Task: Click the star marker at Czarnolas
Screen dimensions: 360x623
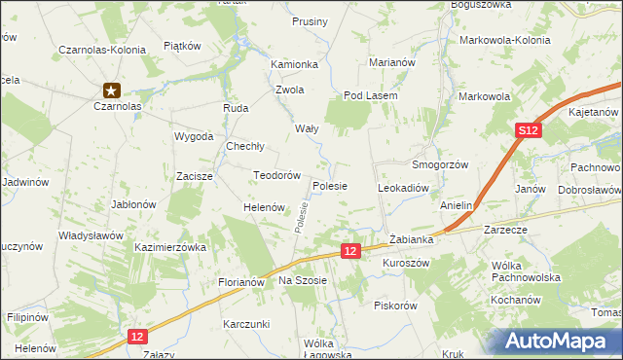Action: (x=113, y=89)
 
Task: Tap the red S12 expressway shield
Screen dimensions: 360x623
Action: (x=528, y=130)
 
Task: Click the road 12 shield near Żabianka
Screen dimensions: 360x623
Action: (x=352, y=250)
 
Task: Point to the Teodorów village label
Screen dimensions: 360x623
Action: (x=275, y=175)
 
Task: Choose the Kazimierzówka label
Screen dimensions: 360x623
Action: (x=171, y=248)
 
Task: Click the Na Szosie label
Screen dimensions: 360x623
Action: (x=305, y=280)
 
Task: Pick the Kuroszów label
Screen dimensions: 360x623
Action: (x=406, y=264)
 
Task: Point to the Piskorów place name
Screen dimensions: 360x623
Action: (x=395, y=305)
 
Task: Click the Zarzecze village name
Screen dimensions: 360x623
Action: (x=504, y=232)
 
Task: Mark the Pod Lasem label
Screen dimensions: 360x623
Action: (x=366, y=96)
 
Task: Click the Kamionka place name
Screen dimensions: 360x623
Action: (x=295, y=64)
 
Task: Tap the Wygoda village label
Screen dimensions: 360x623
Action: (x=194, y=136)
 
